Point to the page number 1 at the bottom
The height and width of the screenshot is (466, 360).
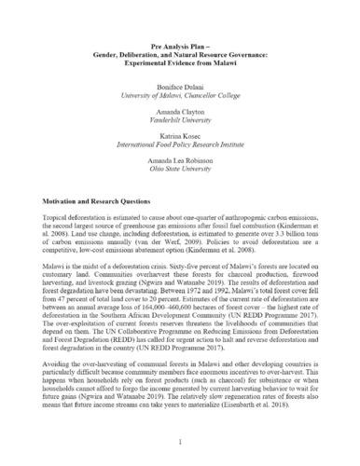pyautogui.click(x=180, y=442)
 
